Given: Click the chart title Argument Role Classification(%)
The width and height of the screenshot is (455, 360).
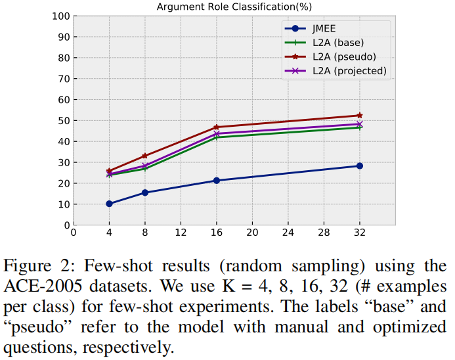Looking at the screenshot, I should click(x=233, y=7).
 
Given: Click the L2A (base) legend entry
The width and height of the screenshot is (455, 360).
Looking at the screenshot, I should click(x=335, y=43).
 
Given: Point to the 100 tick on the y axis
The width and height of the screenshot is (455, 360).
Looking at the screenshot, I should click(x=61, y=16).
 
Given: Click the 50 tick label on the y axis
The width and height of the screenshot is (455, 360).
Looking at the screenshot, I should click(x=64, y=121).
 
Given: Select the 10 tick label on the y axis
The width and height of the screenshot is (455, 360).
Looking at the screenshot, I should click(x=64, y=204).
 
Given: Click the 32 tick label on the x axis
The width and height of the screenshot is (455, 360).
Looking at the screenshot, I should click(x=359, y=233).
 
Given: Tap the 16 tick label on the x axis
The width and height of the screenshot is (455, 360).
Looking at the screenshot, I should click(x=216, y=233).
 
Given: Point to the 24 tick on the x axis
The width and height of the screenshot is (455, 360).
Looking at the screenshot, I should click(x=288, y=233).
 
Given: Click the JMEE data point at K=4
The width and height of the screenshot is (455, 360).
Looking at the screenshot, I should click(x=109, y=204).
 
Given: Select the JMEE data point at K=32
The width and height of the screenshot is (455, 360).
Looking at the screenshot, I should click(x=359, y=166).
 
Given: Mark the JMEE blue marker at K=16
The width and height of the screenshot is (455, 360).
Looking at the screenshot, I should click(x=216, y=180).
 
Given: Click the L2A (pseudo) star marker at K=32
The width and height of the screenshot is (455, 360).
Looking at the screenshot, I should click(x=359, y=116).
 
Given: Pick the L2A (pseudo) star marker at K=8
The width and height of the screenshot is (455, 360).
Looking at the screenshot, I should click(x=144, y=156).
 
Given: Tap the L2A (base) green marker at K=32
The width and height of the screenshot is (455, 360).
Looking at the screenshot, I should click(x=359, y=127).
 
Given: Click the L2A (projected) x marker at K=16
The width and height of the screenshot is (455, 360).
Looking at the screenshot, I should click(x=216, y=133).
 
